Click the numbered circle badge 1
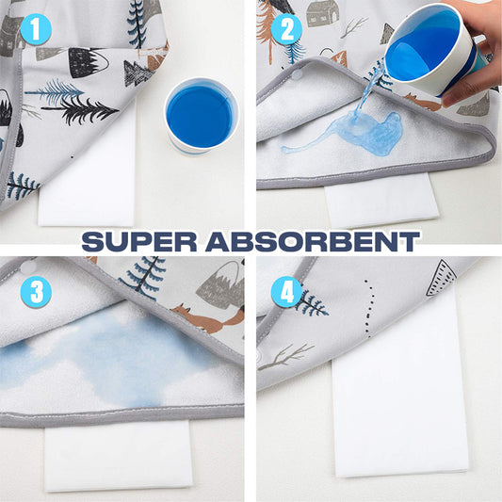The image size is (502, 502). pos(36,29)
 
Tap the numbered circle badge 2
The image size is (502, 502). pos(286,29)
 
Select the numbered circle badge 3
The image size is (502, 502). pos(36,292)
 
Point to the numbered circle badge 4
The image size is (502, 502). pos(286,292)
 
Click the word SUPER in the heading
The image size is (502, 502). pos(139,242)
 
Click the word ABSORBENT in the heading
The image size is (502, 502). pos(313,242)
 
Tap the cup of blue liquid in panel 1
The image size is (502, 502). pos(201,117)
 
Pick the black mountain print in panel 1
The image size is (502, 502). pos(89,62)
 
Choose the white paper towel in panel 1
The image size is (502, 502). pos(87,179)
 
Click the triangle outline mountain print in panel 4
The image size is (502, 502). pos(441,278)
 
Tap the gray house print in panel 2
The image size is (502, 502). pos(323,14)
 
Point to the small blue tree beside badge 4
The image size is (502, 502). pos(312,302)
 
